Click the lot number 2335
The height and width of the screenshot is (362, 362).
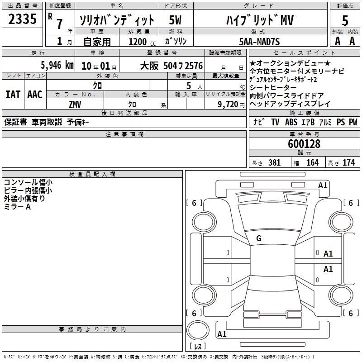[x=22, y=19]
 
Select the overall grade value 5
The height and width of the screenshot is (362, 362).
[x=345, y=20]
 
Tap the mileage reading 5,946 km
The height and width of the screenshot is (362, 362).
[x=57, y=65]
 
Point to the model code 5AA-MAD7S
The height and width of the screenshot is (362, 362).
[x=259, y=42]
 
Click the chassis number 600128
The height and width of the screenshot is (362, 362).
[x=304, y=143]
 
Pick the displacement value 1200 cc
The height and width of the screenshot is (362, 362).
[x=142, y=42]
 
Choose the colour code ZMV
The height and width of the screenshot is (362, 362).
[x=75, y=105]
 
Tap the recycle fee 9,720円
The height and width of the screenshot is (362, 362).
[x=231, y=105]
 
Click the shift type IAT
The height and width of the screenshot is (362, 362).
[x=13, y=95]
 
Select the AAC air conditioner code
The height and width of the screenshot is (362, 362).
[x=35, y=95]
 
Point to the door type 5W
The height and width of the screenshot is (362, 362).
[x=175, y=20]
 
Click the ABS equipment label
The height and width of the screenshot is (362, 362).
[x=291, y=122]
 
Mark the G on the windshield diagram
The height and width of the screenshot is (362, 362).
[x=259, y=238]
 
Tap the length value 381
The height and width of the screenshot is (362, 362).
[x=274, y=162]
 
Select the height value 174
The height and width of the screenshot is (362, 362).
[x=348, y=162]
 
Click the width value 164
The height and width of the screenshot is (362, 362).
[x=312, y=162]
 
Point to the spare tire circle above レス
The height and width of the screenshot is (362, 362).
[x=198, y=330]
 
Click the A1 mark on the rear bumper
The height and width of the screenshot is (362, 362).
[x=222, y=334]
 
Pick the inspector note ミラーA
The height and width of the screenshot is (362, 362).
[x=17, y=207]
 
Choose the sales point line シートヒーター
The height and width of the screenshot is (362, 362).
[x=273, y=87]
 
